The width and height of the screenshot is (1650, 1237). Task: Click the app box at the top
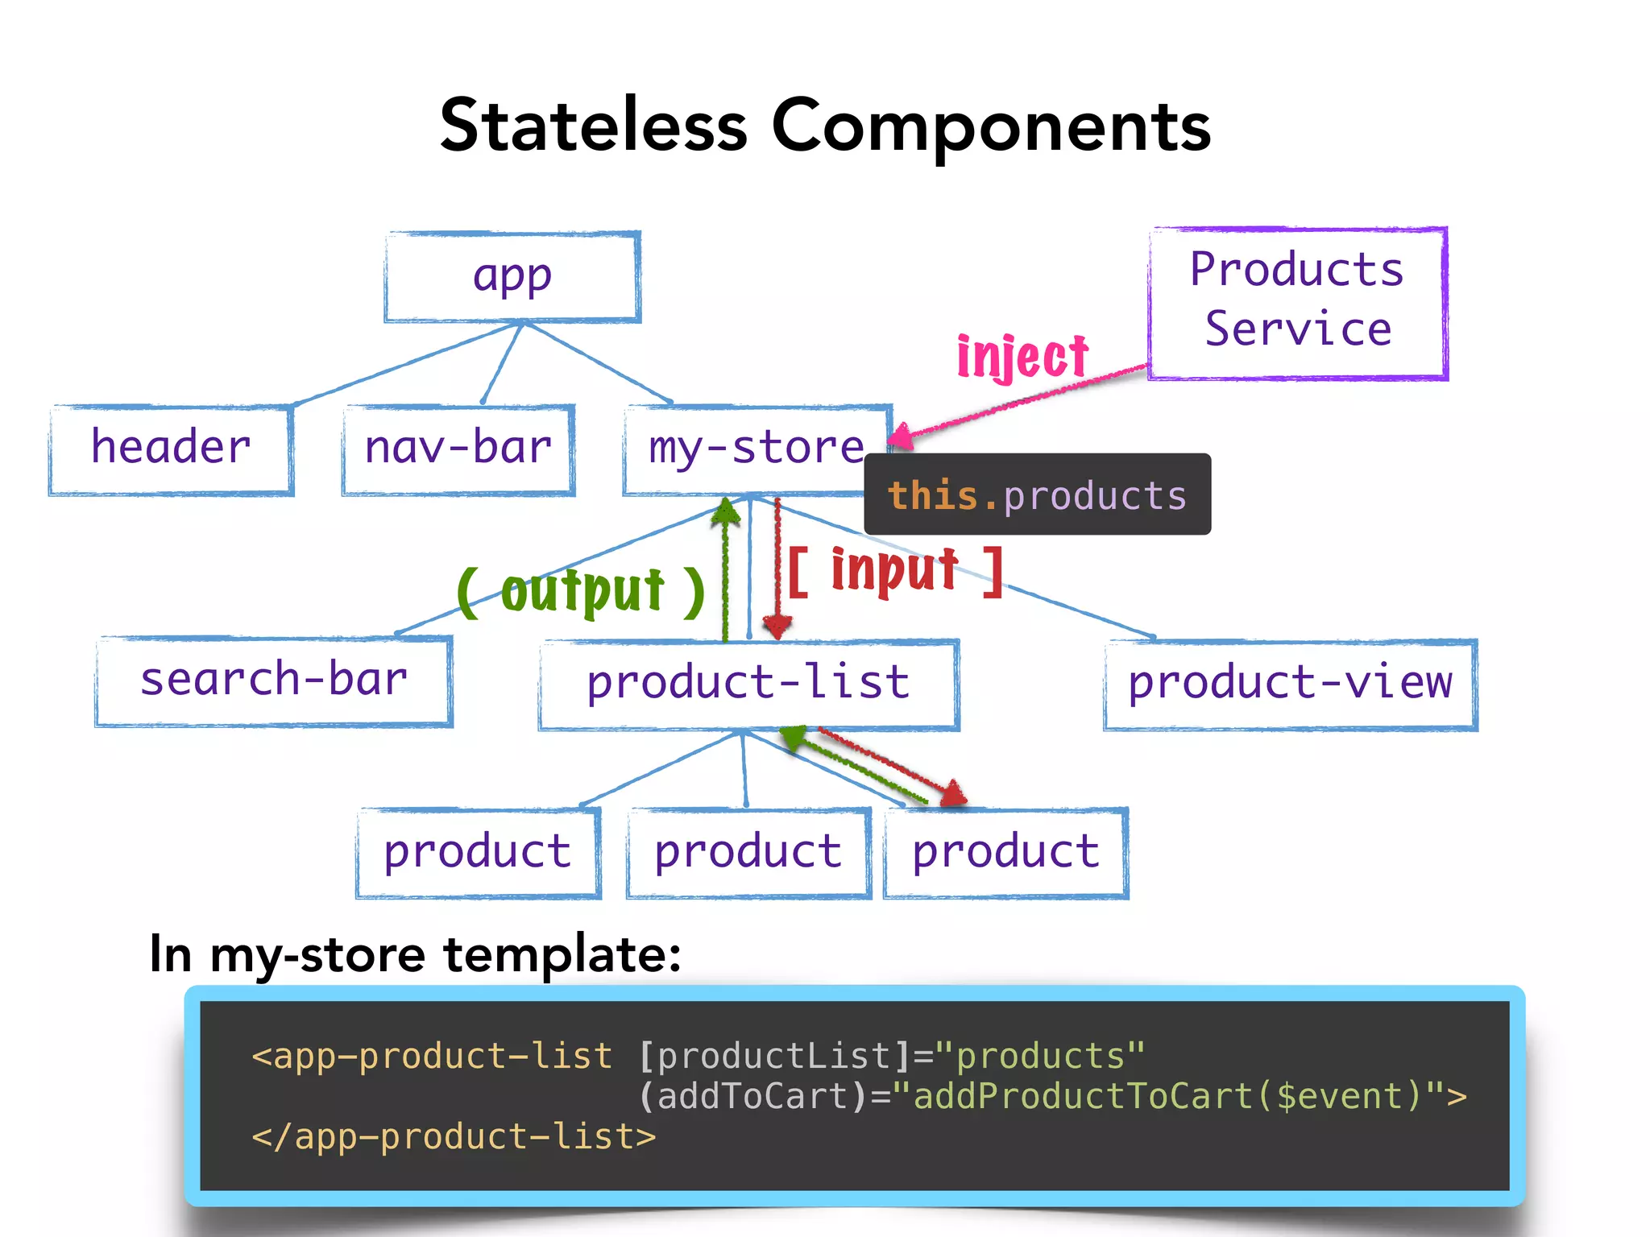click(x=512, y=277)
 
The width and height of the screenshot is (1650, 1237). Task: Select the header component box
click(x=171, y=449)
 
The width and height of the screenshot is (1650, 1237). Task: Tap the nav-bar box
click(x=458, y=449)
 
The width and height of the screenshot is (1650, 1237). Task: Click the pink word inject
click(x=1022, y=357)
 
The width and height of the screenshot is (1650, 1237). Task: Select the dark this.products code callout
click(x=1037, y=494)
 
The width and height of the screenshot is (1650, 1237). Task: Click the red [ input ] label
click(x=894, y=571)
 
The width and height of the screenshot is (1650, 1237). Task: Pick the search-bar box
click(x=274, y=681)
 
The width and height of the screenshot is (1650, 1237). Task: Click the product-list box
click(x=748, y=685)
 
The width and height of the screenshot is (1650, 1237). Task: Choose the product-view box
click(x=1290, y=685)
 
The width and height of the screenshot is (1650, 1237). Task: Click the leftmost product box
click(x=478, y=853)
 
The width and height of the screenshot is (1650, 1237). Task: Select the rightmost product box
click(x=1005, y=853)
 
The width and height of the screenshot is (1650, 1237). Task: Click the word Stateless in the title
click(x=594, y=126)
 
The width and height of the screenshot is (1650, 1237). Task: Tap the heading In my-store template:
click(x=415, y=954)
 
